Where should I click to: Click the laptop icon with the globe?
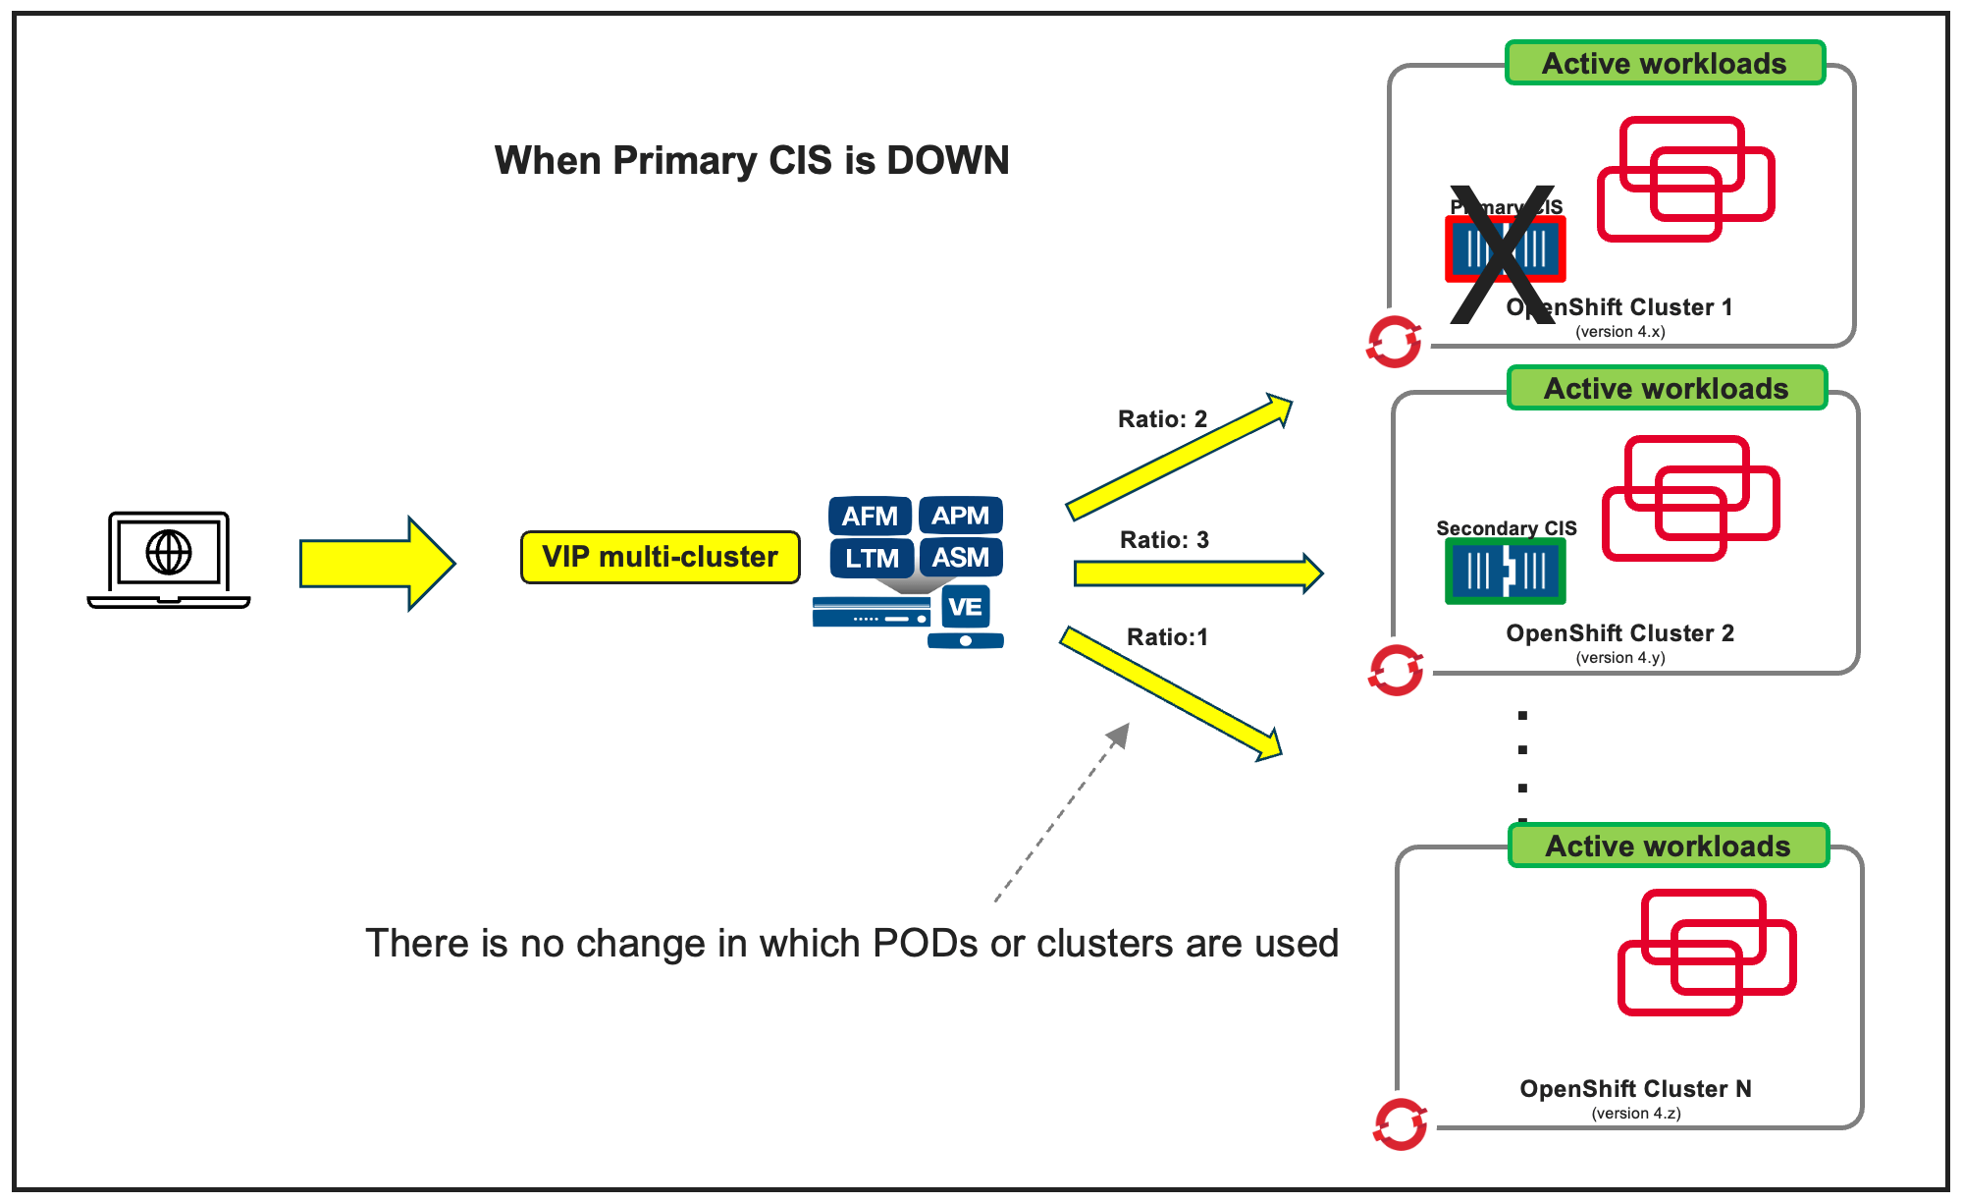[x=169, y=558]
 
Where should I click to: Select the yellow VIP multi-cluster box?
[x=660, y=557]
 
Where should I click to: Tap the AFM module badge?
[x=870, y=516]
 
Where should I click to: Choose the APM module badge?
[x=960, y=516]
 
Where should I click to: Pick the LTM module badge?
[x=872, y=558]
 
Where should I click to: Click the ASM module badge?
[x=960, y=558]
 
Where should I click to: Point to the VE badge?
[x=965, y=607]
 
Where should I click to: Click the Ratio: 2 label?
[x=1162, y=419]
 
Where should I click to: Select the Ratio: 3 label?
[x=1164, y=540]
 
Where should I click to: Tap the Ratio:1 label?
[x=1167, y=637]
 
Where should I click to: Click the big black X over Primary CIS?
[x=1503, y=254]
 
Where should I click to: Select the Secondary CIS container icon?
[x=1505, y=572]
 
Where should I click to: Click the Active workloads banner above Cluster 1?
[x=1665, y=64]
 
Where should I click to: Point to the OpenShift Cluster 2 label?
[x=1619, y=633]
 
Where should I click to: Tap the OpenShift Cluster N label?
[x=1635, y=1089]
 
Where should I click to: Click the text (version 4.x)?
[x=1619, y=332]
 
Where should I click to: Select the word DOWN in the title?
[x=947, y=161]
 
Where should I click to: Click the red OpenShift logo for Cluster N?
[x=1400, y=1123]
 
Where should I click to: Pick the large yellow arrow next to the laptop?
[x=377, y=564]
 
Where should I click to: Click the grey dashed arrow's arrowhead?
[x=1119, y=735]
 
